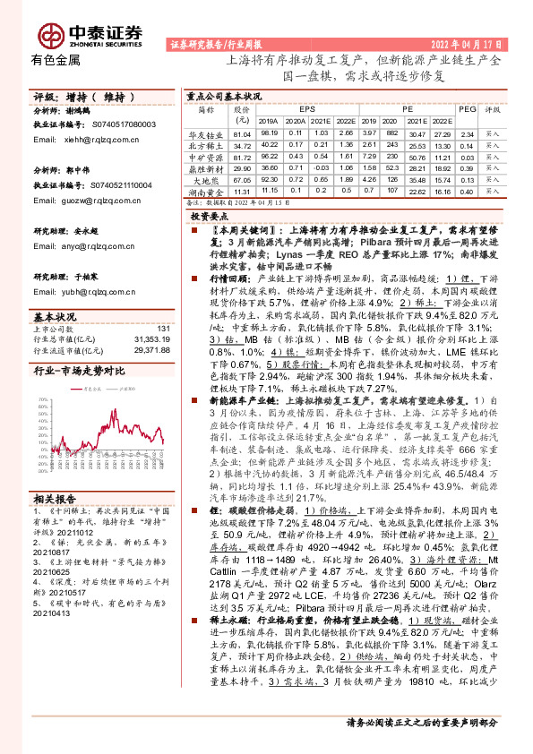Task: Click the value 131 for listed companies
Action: [162, 330]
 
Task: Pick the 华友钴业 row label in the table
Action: [205, 133]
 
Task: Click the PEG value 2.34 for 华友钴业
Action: [466, 133]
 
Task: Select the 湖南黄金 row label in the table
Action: [205, 191]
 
